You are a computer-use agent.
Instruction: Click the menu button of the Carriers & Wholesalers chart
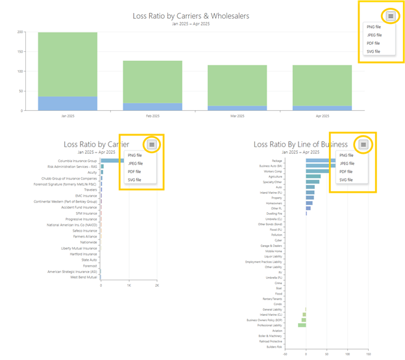(x=390, y=16)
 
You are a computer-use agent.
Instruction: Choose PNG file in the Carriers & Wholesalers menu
(x=374, y=27)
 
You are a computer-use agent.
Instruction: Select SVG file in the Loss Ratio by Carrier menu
(x=136, y=180)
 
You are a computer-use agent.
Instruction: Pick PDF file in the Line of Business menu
(x=347, y=171)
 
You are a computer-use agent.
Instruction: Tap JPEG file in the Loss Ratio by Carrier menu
(x=136, y=163)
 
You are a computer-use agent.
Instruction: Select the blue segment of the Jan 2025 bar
(x=67, y=103)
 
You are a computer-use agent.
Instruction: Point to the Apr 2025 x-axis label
(x=322, y=115)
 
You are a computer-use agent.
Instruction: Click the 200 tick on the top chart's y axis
(x=20, y=32)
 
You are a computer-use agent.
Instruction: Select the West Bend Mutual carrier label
(x=83, y=277)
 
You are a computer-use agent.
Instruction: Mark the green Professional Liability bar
(x=302, y=325)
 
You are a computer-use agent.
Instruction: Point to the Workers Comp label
(x=273, y=171)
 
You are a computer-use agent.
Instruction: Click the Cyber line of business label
(x=278, y=240)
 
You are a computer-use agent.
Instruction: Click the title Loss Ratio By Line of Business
(x=300, y=144)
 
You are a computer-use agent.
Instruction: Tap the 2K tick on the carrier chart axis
(x=157, y=285)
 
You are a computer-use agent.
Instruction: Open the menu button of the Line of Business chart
(x=363, y=144)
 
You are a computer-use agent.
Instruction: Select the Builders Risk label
(x=274, y=347)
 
